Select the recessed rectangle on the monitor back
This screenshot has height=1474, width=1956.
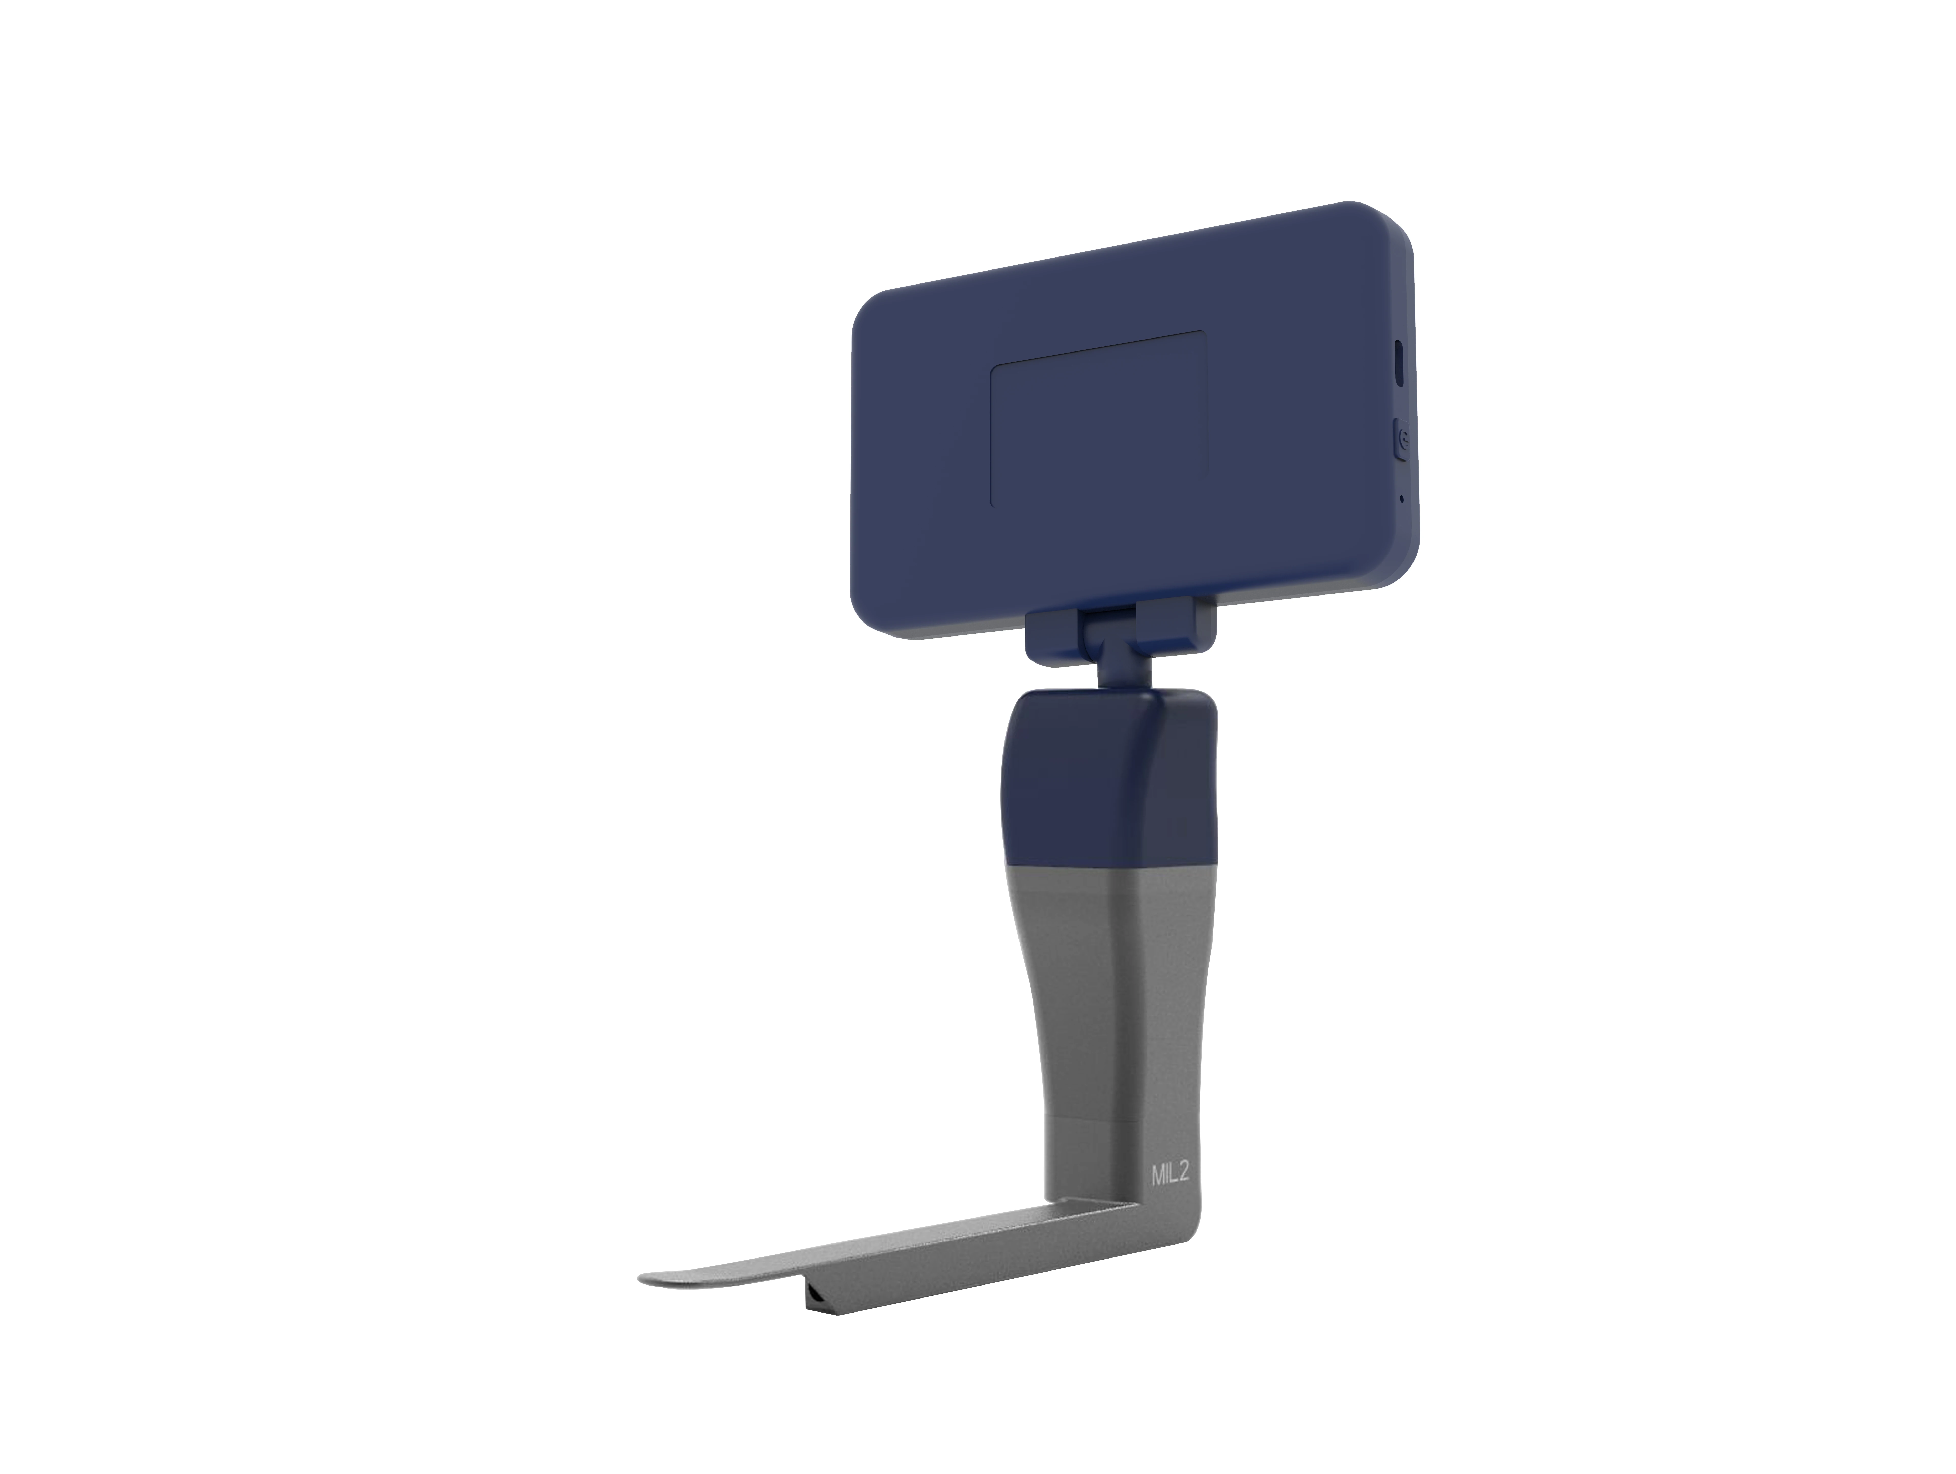tap(1098, 420)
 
